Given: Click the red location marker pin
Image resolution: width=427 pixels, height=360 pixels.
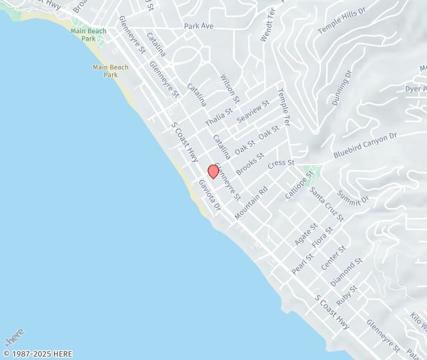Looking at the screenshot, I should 213,171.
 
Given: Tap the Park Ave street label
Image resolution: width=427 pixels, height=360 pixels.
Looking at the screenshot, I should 199,27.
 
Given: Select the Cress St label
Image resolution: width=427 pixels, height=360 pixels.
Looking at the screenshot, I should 281,163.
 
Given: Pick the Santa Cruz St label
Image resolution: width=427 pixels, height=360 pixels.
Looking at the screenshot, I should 326,204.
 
